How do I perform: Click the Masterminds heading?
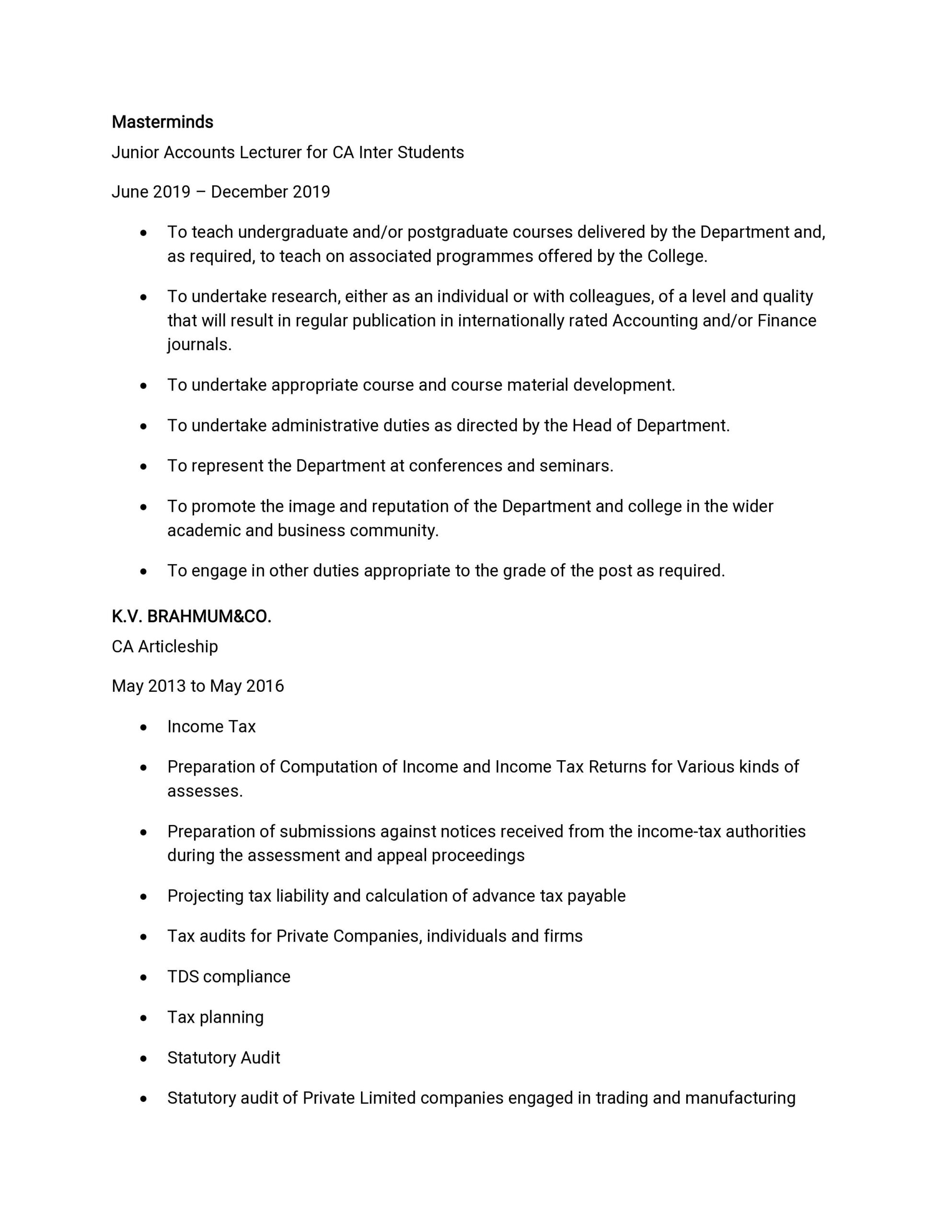162,122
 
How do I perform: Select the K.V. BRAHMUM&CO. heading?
191,617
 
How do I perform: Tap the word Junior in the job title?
135,153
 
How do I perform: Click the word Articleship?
178,647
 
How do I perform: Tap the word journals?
199,345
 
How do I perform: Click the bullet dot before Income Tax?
144,727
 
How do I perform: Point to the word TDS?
183,977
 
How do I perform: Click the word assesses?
205,791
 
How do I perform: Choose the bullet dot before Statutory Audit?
144,1058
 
